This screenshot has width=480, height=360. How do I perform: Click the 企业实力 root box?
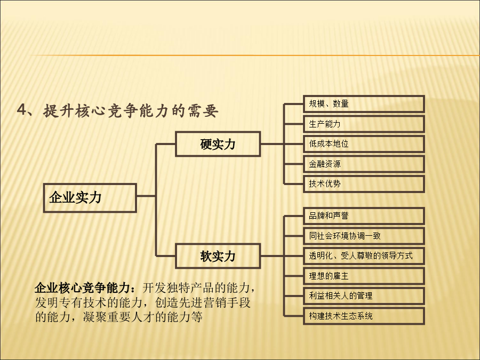click(90, 198)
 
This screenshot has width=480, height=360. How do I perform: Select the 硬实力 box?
click(218, 144)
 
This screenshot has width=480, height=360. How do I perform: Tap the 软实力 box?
click(218, 256)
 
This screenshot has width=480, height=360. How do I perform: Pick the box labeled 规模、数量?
click(364, 104)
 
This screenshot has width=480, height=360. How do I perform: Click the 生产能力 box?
click(364, 124)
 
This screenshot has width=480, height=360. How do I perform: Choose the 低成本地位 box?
click(364, 144)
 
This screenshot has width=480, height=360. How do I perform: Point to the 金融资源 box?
click(364, 164)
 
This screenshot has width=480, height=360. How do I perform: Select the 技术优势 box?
click(364, 184)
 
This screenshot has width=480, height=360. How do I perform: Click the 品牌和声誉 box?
click(364, 216)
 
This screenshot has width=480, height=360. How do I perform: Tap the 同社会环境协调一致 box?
click(364, 236)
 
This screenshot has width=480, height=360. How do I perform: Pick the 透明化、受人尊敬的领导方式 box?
click(364, 256)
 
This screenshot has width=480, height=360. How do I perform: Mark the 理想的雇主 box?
click(364, 276)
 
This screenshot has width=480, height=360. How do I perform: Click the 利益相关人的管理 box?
click(364, 296)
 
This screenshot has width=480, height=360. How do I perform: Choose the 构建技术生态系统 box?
click(364, 316)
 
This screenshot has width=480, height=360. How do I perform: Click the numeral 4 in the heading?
click(21, 109)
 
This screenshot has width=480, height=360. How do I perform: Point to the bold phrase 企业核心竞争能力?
click(82, 288)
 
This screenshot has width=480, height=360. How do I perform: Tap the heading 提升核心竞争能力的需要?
click(131, 110)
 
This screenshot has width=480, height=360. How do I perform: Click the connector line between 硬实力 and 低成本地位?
click(282, 144)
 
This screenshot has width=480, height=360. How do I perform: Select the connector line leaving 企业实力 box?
click(146, 196)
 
